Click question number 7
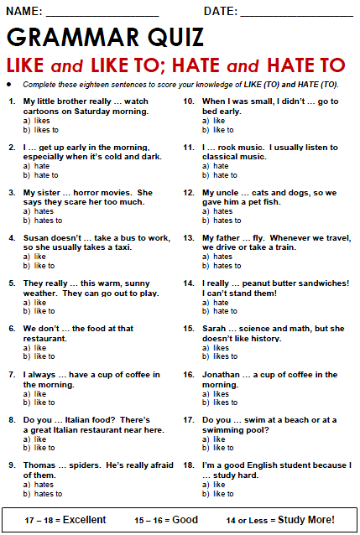coord(12,375)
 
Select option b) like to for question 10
coord(223,130)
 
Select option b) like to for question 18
coord(223,494)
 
